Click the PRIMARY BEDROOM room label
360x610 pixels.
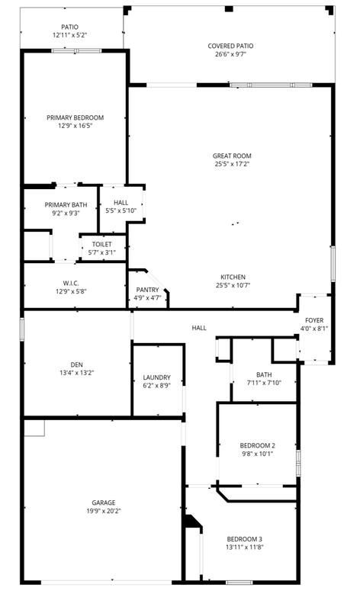[x=75, y=117]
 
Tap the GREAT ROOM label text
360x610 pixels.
[x=232, y=156]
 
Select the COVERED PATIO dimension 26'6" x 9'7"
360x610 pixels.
[x=230, y=55]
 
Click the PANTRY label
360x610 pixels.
[x=147, y=290]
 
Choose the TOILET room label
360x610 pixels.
[x=101, y=244]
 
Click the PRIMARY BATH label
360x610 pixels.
[x=66, y=204]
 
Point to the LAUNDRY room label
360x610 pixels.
[x=157, y=377]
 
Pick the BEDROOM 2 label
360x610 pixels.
[x=257, y=445]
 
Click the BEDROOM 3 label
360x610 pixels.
[x=244, y=539]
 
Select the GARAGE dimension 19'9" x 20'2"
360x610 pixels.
[x=104, y=511]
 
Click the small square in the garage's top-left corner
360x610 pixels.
[x=34, y=427]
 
